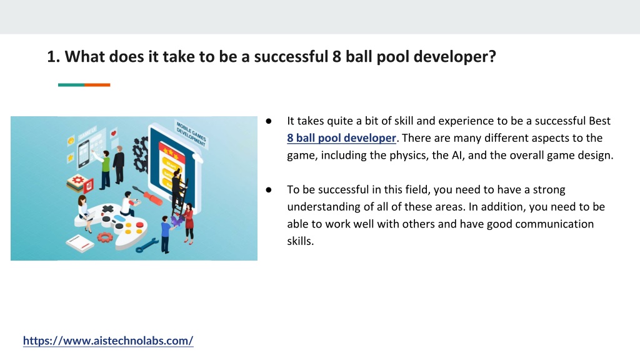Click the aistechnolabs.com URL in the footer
[x=108, y=341]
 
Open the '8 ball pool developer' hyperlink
[x=341, y=138]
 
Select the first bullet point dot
[x=269, y=121]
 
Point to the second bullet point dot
[x=269, y=189]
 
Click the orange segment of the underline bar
[x=97, y=85]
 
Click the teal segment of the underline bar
[x=71, y=85]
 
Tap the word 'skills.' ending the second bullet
[x=301, y=241]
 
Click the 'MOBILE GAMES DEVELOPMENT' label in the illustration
[x=191, y=132]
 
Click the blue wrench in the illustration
[x=146, y=245]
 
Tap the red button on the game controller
[x=139, y=225]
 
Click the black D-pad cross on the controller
[x=107, y=209]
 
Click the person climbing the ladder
[x=178, y=192]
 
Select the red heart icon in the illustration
[x=114, y=132]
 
